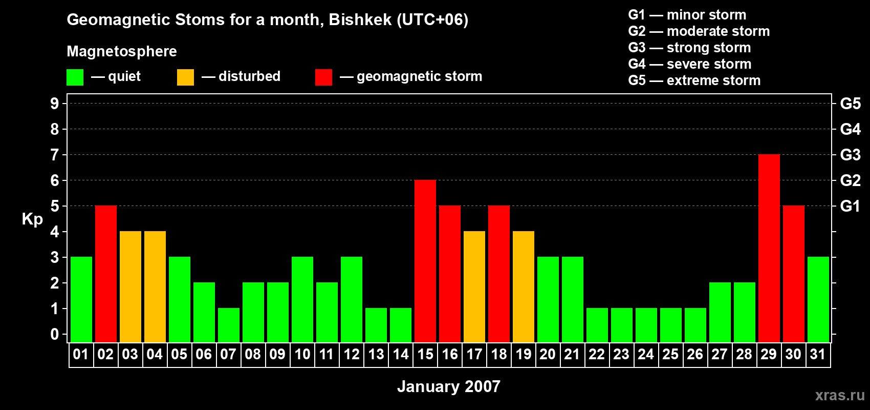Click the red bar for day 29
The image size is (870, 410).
[769, 248]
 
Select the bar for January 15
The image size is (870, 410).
[425, 261]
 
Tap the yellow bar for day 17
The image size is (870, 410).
[474, 286]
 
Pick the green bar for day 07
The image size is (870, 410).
[228, 325]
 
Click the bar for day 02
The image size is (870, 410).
[105, 274]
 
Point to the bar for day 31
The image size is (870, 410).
[818, 299]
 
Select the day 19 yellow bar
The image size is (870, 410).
[523, 286]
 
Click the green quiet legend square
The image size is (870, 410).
[75, 77]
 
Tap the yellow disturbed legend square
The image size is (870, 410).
[185, 77]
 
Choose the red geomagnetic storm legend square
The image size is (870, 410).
[323, 77]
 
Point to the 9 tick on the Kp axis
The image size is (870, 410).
[55, 104]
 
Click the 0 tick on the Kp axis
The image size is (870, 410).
[55, 334]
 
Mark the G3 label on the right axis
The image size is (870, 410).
[850, 155]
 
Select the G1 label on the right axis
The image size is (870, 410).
[850, 206]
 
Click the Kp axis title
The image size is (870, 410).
[32, 219]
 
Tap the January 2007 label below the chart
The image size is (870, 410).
[448, 386]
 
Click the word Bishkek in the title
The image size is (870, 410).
[360, 19]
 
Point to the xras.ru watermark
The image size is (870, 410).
[840, 395]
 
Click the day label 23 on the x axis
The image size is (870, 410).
[621, 354]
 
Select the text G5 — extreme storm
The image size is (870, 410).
[694, 80]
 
